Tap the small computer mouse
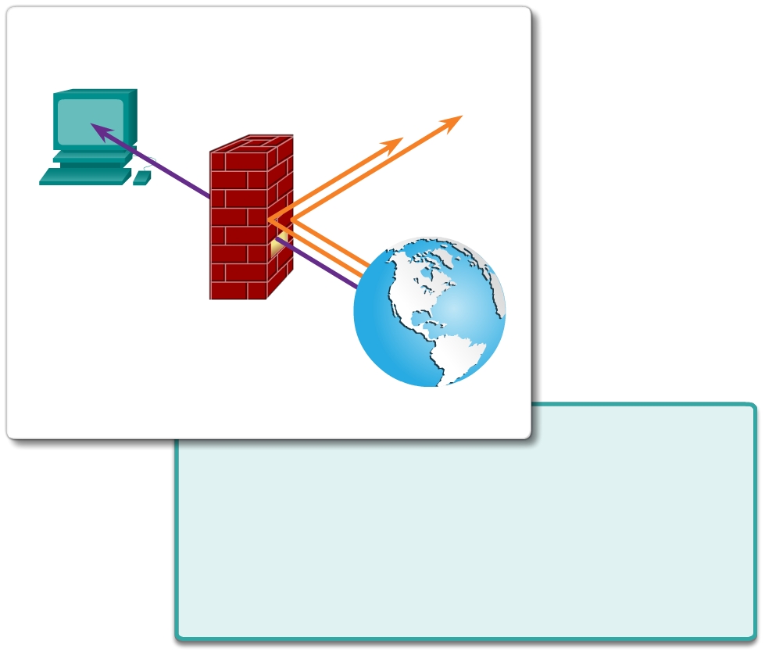pyautogui.click(x=141, y=178)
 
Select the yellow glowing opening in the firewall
pyautogui.click(x=276, y=248)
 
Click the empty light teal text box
pyautogui.click(x=466, y=539)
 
